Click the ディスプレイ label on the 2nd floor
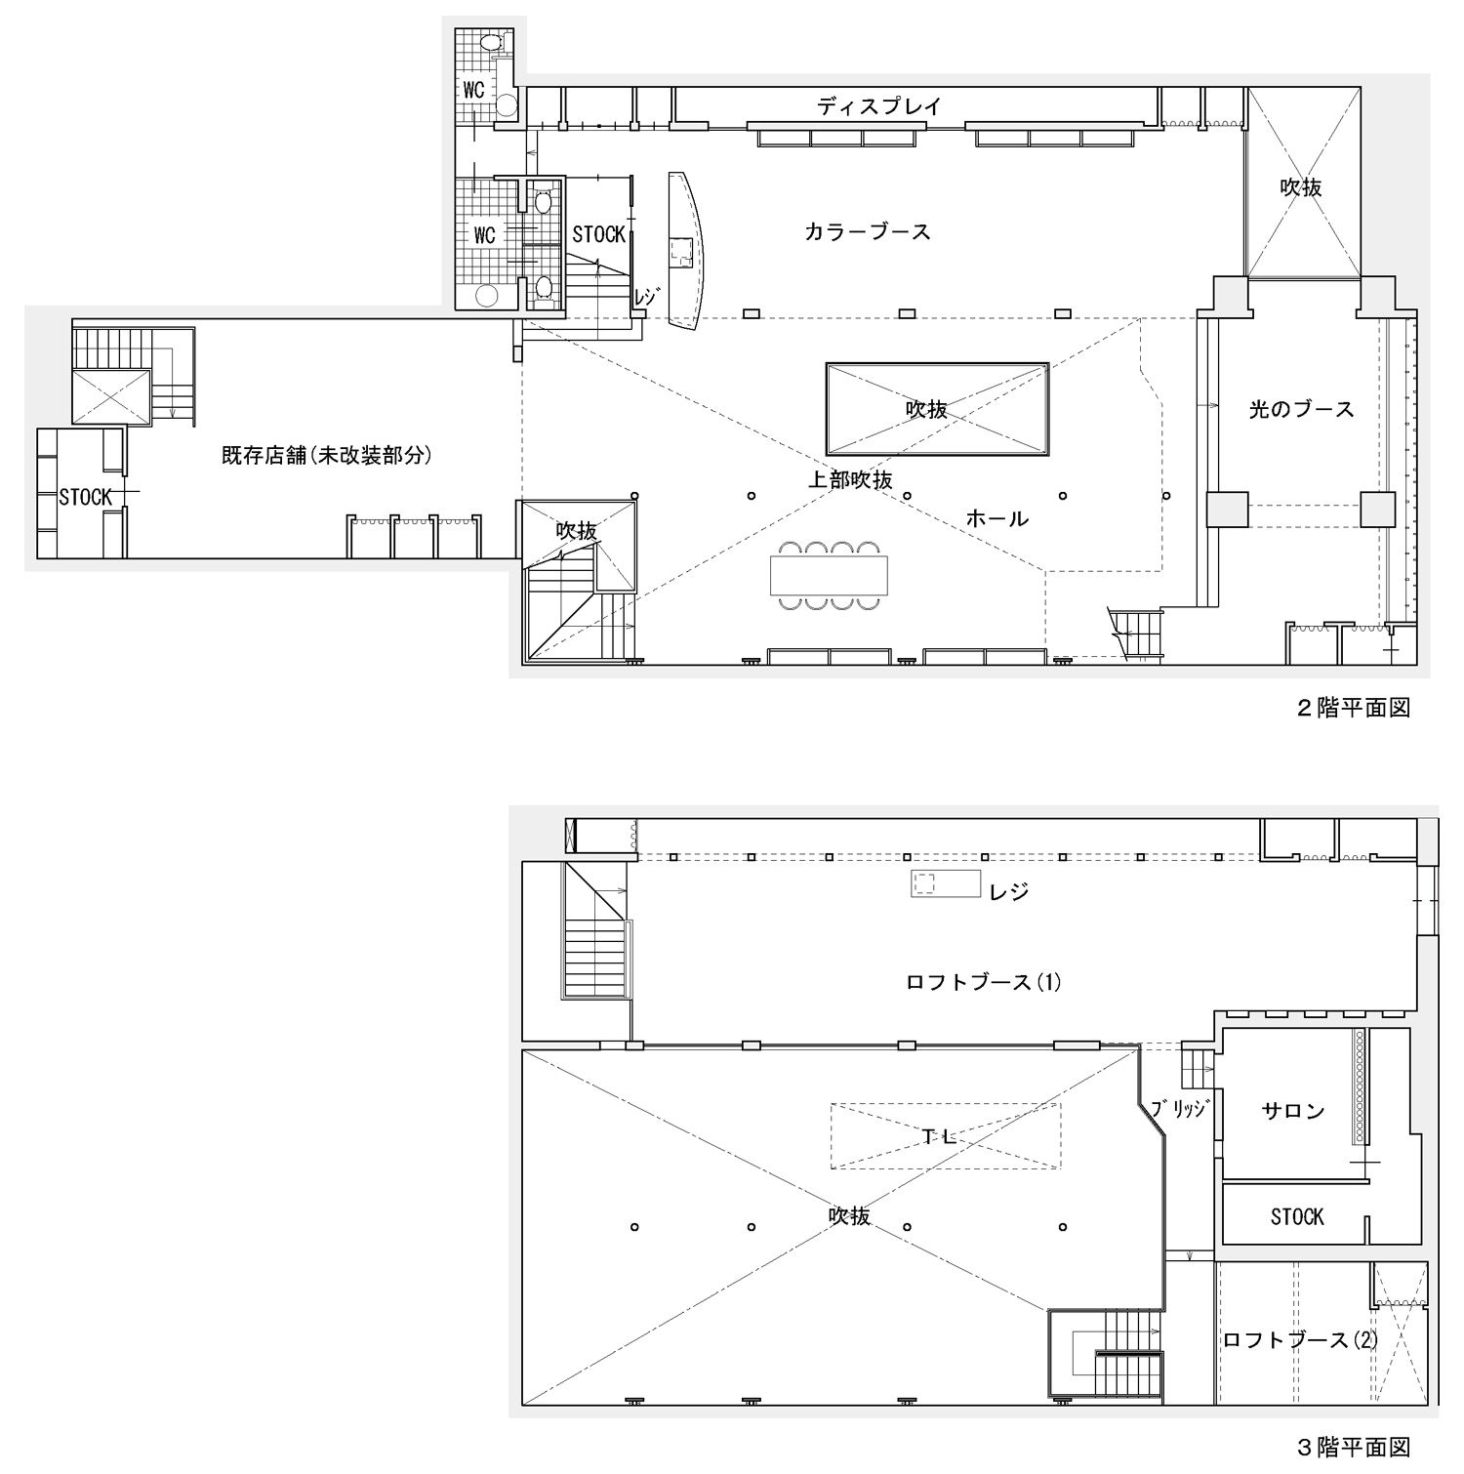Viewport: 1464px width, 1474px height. (x=879, y=106)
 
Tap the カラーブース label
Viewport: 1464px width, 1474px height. (x=868, y=232)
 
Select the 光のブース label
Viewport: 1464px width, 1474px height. (x=1301, y=410)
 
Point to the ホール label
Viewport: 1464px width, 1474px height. (x=996, y=518)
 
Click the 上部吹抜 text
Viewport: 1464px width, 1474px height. (x=850, y=480)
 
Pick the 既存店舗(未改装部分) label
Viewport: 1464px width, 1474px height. (x=326, y=455)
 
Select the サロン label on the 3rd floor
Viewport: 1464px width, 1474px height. (x=1293, y=1111)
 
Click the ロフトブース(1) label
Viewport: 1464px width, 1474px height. (x=984, y=982)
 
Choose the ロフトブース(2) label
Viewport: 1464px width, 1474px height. (x=1301, y=1340)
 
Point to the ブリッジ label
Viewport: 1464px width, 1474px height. (x=1179, y=1109)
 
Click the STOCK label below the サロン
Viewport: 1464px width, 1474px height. (x=1297, y=1216)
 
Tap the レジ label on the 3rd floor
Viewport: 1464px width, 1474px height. (x=1008, y=892)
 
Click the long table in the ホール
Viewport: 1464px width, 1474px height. (x=830, y=575)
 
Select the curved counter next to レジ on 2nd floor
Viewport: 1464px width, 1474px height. (x=688, y=251)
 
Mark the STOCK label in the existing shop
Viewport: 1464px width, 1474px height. (x=85, y=497)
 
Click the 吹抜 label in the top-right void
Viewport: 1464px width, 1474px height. (x=1301, y=187)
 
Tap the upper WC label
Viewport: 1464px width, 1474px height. (x=474, y=91)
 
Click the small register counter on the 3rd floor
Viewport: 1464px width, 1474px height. (x=945, y=883)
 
